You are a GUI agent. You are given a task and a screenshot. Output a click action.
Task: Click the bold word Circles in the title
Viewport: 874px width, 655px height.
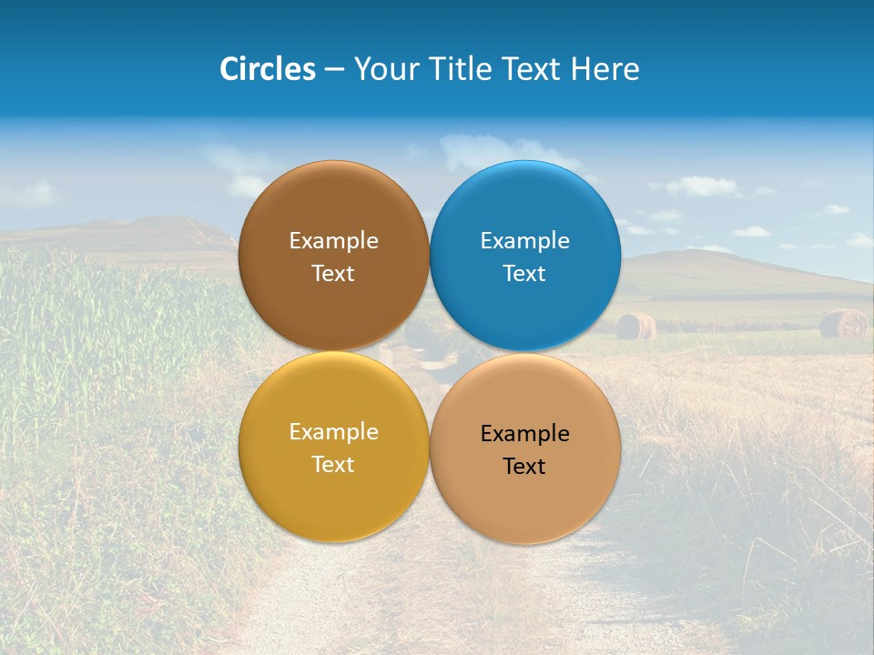(x=267, y=69)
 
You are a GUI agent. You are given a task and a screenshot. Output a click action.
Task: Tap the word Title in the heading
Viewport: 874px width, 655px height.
(x=462, y=69)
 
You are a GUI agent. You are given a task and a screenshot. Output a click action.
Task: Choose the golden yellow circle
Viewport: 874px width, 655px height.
(x=333, y=496)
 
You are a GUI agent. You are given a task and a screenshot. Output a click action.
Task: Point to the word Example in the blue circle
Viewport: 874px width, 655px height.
(x=525, y=241)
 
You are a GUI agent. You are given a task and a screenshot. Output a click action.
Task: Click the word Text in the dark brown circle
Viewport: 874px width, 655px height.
(x=333, y=274)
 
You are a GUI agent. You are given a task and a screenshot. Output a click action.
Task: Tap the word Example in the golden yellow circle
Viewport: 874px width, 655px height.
(x=333, y=432)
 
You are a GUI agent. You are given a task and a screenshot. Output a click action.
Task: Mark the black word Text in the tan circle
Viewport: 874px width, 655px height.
(x=524, y=467)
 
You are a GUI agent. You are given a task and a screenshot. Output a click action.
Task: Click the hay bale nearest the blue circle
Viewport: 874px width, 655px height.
(x=636, y=326)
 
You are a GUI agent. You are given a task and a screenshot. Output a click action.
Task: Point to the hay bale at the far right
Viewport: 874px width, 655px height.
(x=843, y=323)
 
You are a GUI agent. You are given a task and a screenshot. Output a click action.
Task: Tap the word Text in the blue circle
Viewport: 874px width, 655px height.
(x=524, y=274)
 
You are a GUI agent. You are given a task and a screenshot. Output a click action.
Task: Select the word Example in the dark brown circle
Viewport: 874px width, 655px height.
(x=333, y=241)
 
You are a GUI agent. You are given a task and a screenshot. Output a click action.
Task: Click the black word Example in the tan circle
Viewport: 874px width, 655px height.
(x=525, y=434)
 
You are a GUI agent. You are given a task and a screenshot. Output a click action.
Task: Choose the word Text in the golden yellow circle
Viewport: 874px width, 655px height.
(x=333, y=465)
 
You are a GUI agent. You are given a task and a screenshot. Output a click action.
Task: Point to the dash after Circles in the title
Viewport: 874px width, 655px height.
(x=334, y=70)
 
